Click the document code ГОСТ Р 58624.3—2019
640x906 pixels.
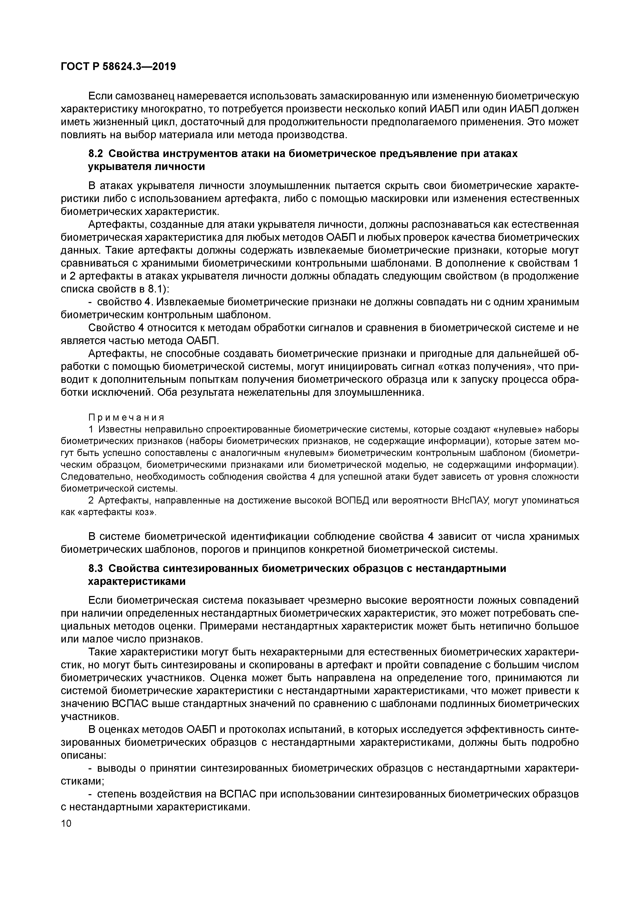pos(118,67)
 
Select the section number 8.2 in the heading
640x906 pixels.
pos(96,153)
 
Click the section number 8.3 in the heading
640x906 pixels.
pos(96,569)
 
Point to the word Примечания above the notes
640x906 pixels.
pos(126,417)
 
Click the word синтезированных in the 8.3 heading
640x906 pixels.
pos(208,569)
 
